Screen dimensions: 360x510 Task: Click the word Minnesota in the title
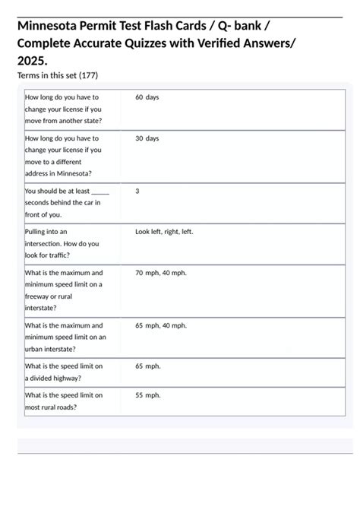52,27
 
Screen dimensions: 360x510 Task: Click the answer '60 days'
147,97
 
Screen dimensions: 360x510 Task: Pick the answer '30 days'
147,138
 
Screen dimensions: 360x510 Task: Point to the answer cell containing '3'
137,192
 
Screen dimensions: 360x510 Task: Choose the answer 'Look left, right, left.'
164,232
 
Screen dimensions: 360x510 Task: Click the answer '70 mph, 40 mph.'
161,272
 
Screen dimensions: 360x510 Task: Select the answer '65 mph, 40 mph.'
161,325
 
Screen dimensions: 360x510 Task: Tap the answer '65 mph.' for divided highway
148,366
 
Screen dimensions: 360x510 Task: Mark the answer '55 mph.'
148,395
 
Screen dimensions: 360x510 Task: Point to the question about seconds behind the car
64,203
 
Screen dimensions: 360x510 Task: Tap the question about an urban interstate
65,337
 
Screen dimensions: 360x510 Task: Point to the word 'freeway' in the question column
39,296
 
